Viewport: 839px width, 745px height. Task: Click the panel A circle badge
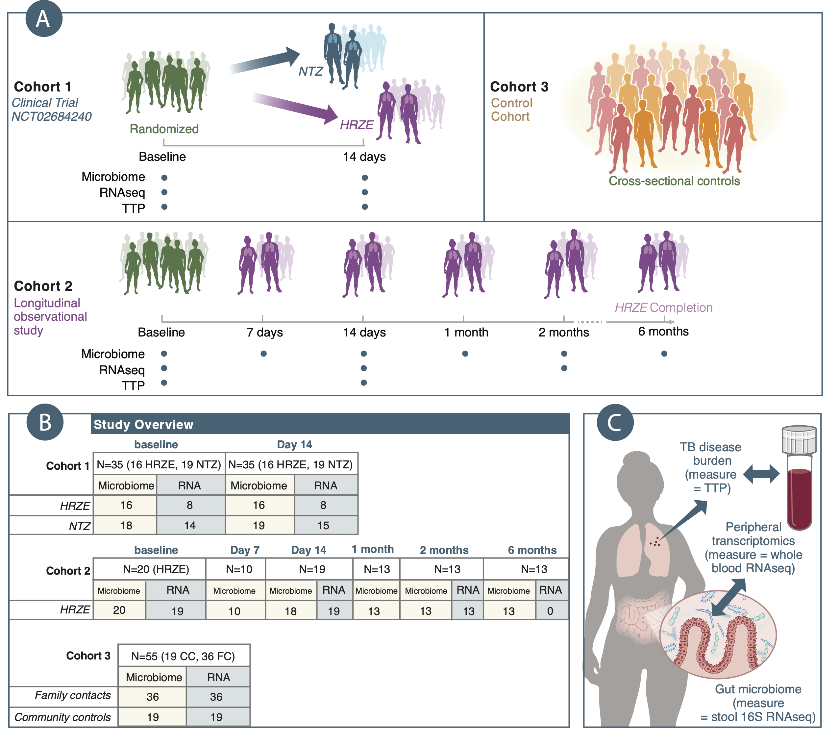[x=43, y=19]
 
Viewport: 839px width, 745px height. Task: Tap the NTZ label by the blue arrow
[x=311, y=71]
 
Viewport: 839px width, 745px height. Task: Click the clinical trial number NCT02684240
[x=51, y=116]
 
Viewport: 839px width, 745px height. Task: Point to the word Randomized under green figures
[x=164, y=129]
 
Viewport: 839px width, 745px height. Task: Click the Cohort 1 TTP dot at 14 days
[x=364, y=207]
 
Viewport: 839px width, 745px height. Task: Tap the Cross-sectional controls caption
[x=674, y=181]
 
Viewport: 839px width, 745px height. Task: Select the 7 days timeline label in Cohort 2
[x=265, y=332]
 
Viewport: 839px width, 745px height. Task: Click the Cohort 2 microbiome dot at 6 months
[x=664, y=354]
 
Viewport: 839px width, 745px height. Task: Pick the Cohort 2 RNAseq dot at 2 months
[x=564, y=368]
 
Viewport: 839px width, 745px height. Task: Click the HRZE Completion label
[x=663, y=308]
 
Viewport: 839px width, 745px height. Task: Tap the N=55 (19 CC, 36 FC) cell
[x=183, y=656]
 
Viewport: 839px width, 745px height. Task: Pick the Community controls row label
[x=62, y=717]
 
